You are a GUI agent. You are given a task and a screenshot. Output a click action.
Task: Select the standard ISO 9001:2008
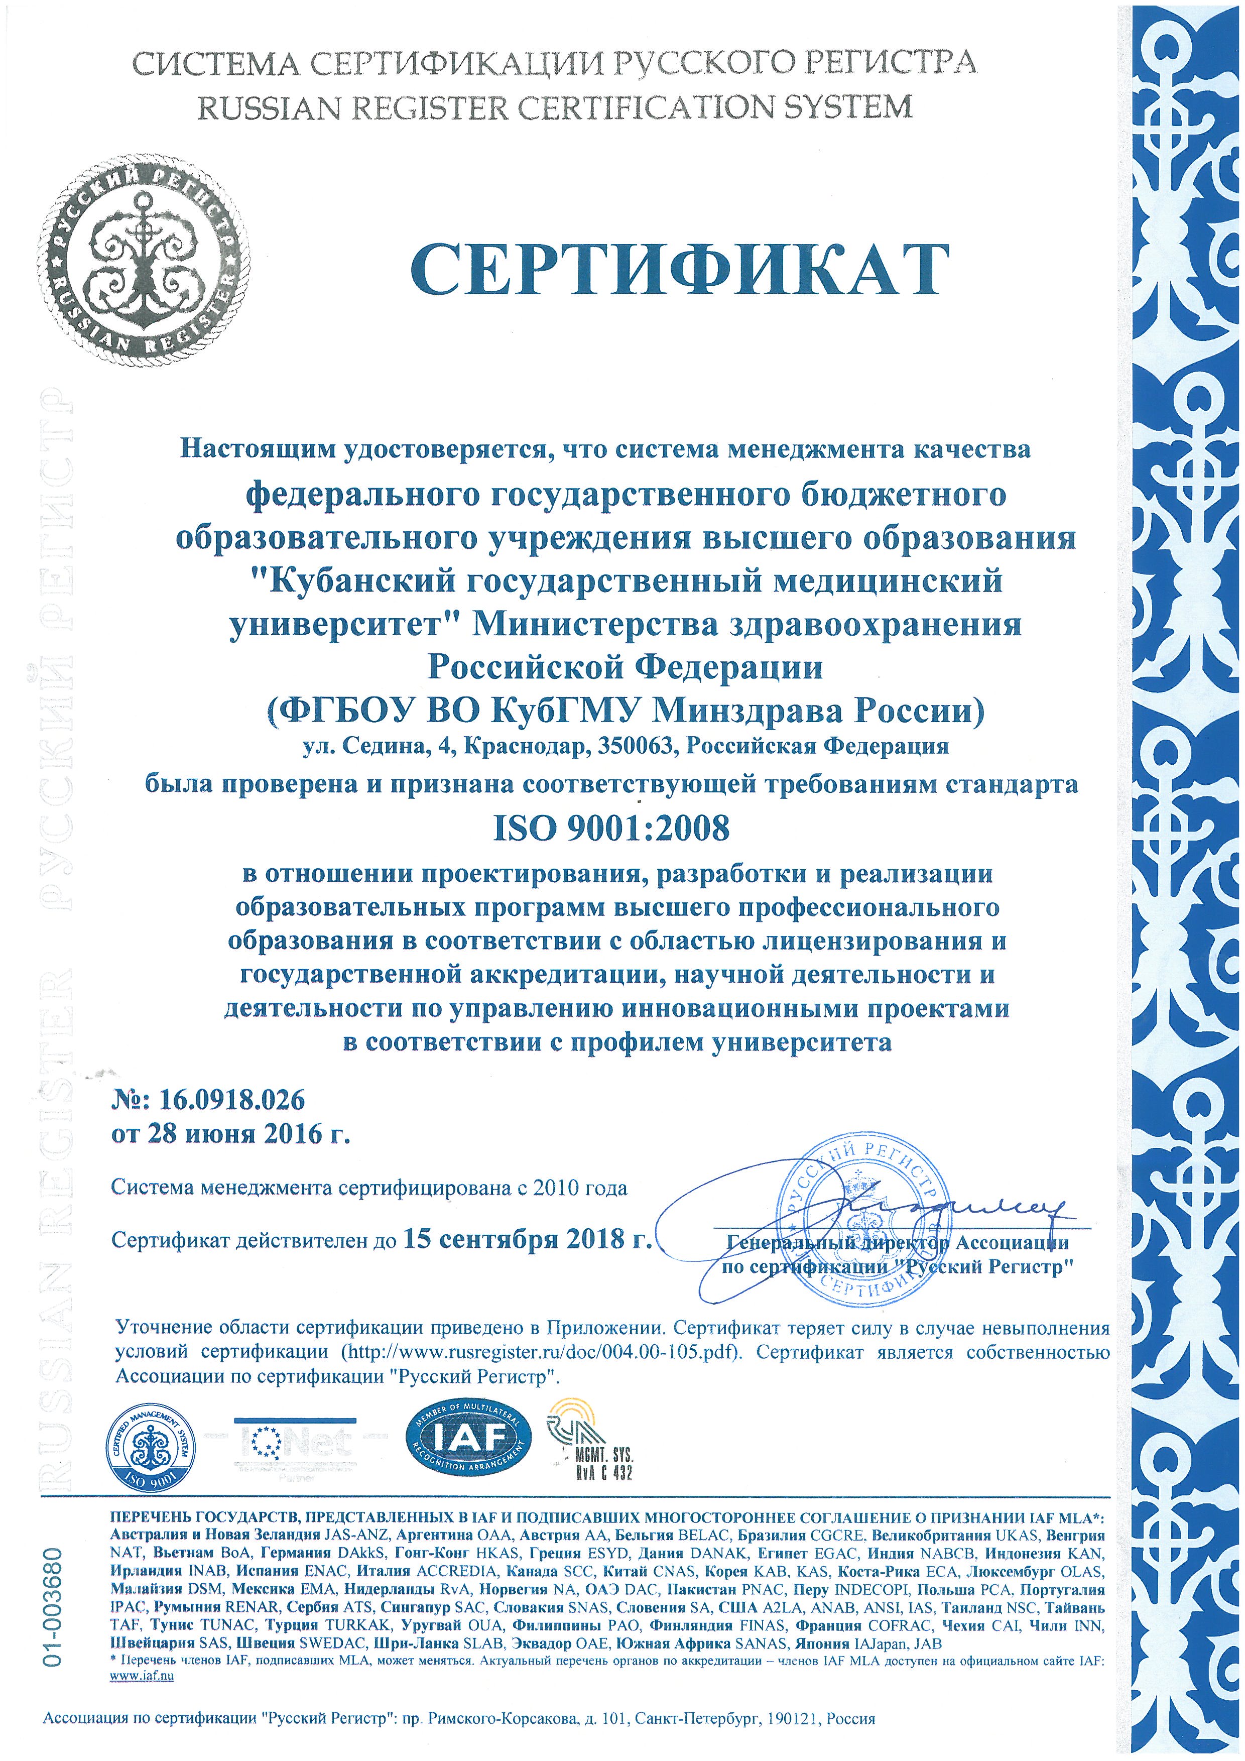[x=611, y=828]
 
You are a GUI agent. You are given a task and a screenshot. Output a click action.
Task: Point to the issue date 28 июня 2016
[x=223, y=1134]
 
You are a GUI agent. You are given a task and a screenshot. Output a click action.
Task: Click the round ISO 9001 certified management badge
[x=153, y=1447]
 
